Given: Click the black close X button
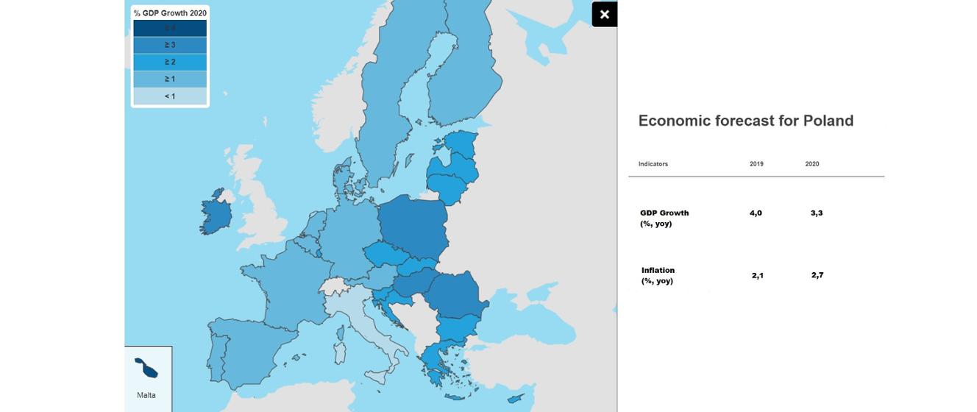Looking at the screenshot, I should [x=604, y=14].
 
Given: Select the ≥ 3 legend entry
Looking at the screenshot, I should [x=170, y=45].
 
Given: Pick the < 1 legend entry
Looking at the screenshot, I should [x=170, y=96].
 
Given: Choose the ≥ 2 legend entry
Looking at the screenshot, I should [x=170, y=62].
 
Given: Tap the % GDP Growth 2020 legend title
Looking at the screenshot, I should [x=170, y=13].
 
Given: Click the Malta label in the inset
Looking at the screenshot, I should [x=146, y=395].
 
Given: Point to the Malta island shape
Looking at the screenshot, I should [x=146, y=367].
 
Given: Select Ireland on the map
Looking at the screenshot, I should [x=216, y=213].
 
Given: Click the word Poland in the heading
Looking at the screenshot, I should [x=828, y=121].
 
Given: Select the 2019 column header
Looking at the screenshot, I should [x=756, y=164].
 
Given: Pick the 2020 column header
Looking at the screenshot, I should [x=812, y=164].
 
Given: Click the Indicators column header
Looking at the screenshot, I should [x=653, y=164].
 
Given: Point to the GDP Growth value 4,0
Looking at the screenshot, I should [x=756, y=213].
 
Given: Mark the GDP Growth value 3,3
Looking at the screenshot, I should [x=817, y=213].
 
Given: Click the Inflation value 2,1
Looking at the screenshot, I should [x=758, y=275].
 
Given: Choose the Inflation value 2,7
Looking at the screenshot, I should [x=817, y=275].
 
